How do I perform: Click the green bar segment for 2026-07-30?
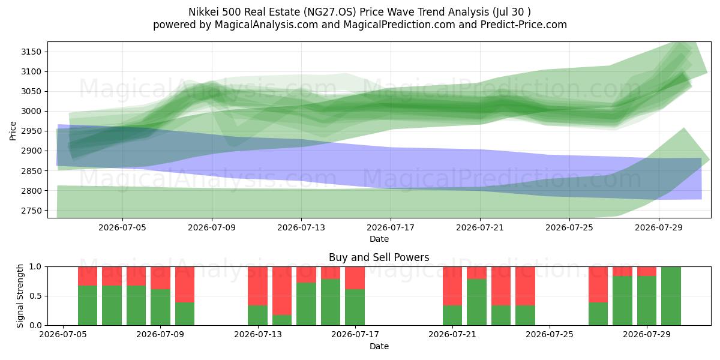pos(671,296)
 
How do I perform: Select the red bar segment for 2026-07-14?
pos(282,291)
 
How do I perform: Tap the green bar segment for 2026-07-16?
pos(331,302)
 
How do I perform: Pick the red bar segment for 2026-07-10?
pos(185,284)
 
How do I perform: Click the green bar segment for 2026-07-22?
pos(476,302)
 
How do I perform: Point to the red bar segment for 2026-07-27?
pos(598,284)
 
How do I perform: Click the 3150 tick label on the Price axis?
pos(31,52)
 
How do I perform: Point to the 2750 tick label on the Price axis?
pos(31,211)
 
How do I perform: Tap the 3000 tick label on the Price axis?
pos(31,111)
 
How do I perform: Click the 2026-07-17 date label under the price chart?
pos(391,227)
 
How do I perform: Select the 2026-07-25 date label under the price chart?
pos(569,227)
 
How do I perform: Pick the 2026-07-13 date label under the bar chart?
pos(258,334)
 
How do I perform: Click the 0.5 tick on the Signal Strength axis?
pos(35,296)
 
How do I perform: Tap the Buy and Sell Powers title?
pos(379,257)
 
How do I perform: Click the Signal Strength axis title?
pos(20,296)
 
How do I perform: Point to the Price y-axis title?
pos(13,131)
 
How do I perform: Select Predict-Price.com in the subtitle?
pos(524,25)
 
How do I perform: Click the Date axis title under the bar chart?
pos(379,346)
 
